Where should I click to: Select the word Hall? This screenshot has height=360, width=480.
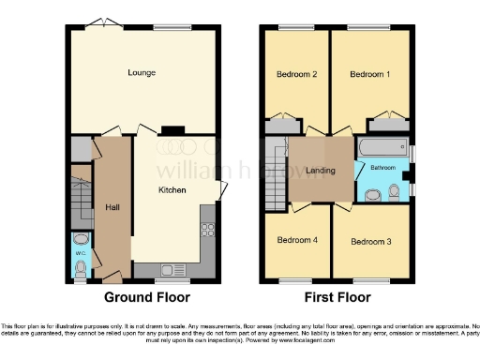(112, 208)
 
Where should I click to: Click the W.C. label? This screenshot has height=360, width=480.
(80, 252)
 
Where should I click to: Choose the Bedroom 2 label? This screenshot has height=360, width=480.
(293, 73)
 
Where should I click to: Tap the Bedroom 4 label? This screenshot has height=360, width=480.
(297, 240)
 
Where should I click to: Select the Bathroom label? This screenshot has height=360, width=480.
(382, 168)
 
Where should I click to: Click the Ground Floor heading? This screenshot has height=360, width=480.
(146, 297)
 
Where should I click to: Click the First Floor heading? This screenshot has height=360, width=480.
(337, 297)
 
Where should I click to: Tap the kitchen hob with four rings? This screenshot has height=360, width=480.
(207, 230)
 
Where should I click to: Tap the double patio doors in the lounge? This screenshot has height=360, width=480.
(98, 22)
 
